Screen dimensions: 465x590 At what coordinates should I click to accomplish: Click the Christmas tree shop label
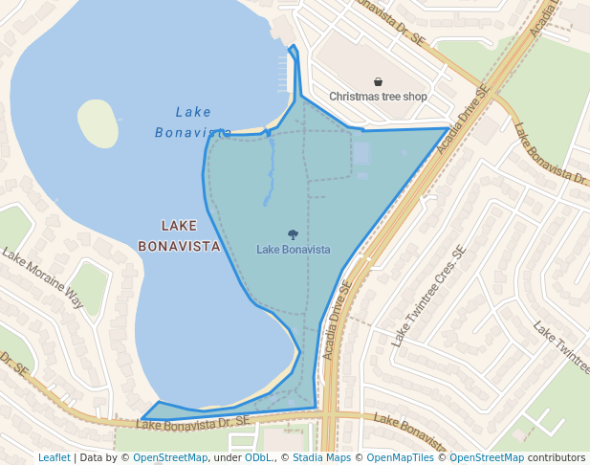[x=378, y=97]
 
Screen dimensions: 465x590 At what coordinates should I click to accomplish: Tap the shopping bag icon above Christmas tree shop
[x=379, y=82]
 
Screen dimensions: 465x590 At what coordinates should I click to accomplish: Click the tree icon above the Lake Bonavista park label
[x=293, y=234]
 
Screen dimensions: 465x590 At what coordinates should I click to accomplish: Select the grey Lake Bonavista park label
[x=294, y=250]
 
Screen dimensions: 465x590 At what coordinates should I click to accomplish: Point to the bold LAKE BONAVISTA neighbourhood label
[x=179, y=235]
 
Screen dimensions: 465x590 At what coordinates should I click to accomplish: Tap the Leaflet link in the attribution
[x=54, y=457]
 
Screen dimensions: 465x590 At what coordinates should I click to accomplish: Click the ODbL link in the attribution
[x=258, y=457]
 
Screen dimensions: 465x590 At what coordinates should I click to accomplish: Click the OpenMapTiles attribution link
[x=401, y=457]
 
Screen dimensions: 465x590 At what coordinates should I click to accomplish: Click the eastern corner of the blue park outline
[x=448, y=128]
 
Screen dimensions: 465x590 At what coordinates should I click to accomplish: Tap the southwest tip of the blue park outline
[x=142, y=419]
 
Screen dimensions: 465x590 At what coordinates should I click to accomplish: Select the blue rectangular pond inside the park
[x=361, y=153]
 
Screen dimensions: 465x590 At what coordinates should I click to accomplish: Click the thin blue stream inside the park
[x=270, y=172]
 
